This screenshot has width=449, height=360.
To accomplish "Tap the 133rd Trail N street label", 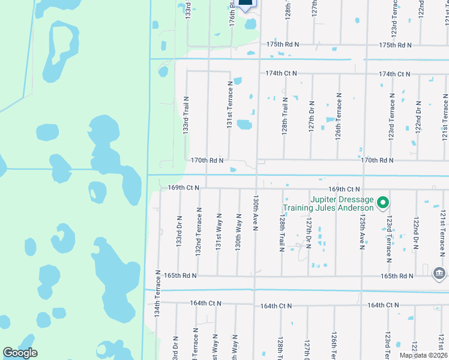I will (x=186, y=116).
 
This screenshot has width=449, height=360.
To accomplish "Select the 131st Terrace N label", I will (x=229, y=106).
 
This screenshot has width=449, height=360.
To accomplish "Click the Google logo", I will (x=20, y=352).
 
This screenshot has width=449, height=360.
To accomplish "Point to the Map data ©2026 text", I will (x=423, y=355).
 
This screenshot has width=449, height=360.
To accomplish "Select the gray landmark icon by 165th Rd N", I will (x=439, y=273).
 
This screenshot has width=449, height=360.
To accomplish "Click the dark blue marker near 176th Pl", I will (x=246, y=4).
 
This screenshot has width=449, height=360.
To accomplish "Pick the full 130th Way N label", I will (x=238, y=232).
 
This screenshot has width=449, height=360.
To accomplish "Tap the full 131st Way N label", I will (x=219, y=232).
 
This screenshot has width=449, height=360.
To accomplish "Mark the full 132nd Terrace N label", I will (x=199, y=232).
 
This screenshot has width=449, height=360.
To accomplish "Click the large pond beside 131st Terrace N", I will (x=244, y=125).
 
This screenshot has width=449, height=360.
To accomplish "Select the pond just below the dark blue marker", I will (x=250, y=24).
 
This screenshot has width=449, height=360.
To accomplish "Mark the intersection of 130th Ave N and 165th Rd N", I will (x=255, y=276).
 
